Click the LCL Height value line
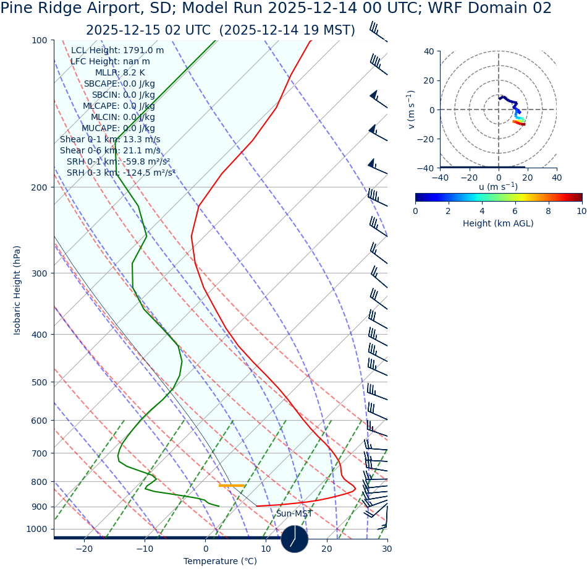(x=117, y=51)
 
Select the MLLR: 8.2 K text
(x=120, y=73)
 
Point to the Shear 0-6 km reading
(x=110, y=151)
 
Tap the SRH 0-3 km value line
(x=121, y=173)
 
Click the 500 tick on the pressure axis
(x=40, y=382)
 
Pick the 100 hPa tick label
(x=40, y=40)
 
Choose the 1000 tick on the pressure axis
(x=37, y=530)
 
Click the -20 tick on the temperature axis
(x=84, y=549)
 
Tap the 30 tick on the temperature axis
(x=387, y=549)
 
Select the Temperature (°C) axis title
(x=221, y=562)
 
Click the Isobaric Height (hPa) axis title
(x=17, y=290)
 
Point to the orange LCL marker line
(x=232, y=486)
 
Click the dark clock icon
(x=295, y=539)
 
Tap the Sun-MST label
(x=294, y=514)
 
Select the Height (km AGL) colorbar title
(x=498, y=224)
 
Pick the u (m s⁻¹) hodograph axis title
(x=498, y=187)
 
